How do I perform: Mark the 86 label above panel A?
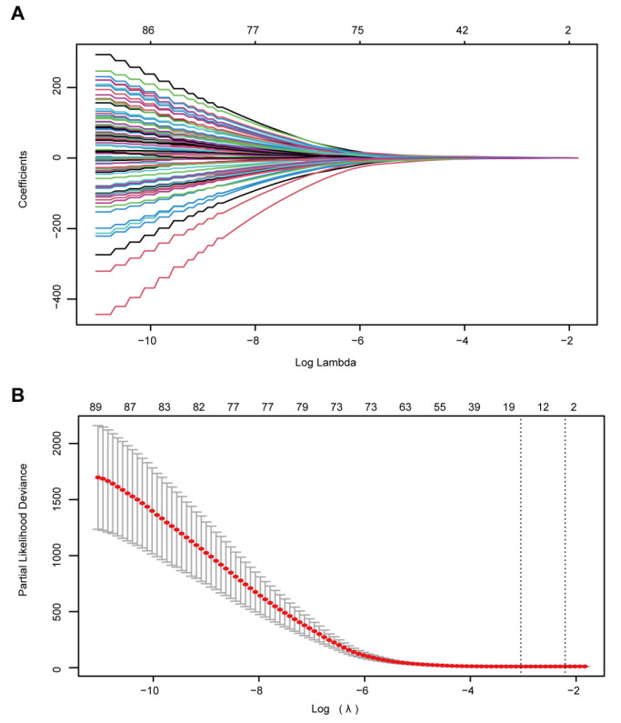[148, 30]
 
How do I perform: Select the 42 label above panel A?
[462, 30]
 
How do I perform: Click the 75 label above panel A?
[357, 30]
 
